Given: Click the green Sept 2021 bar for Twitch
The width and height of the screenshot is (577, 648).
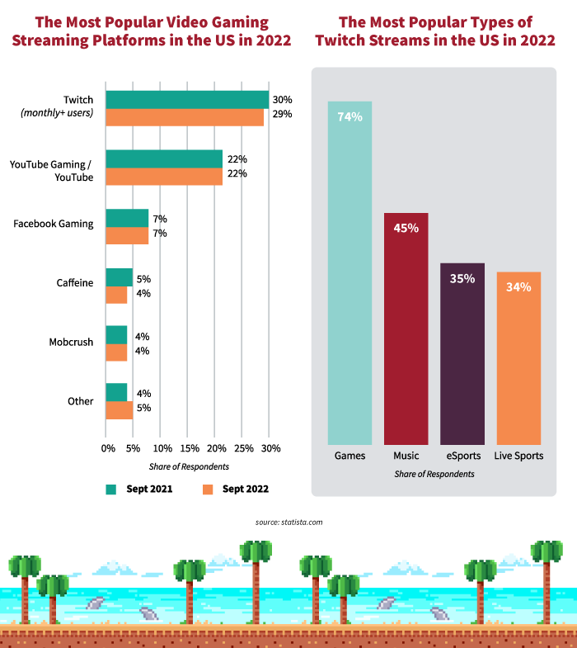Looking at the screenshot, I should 187,99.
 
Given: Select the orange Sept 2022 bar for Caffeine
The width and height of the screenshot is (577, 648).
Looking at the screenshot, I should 116,295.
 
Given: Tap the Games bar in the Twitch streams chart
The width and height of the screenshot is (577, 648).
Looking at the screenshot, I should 349,272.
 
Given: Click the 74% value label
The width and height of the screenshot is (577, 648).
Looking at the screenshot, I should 349,116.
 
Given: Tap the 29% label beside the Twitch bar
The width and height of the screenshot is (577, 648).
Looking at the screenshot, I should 283,114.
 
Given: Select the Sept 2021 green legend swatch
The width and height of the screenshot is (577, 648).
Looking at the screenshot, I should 111,489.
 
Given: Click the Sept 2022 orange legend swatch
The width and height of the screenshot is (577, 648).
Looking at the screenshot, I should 207,489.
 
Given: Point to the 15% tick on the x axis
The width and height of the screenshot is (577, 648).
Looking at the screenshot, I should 190,448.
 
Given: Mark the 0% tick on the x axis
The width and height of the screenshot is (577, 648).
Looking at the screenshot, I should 108,448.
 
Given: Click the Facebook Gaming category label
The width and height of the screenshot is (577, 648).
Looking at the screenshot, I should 54,224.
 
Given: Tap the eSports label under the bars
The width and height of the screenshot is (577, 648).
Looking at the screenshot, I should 462,456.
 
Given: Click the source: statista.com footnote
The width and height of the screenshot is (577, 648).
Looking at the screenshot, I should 288,523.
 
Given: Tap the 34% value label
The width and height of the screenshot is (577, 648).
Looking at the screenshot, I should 518,287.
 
